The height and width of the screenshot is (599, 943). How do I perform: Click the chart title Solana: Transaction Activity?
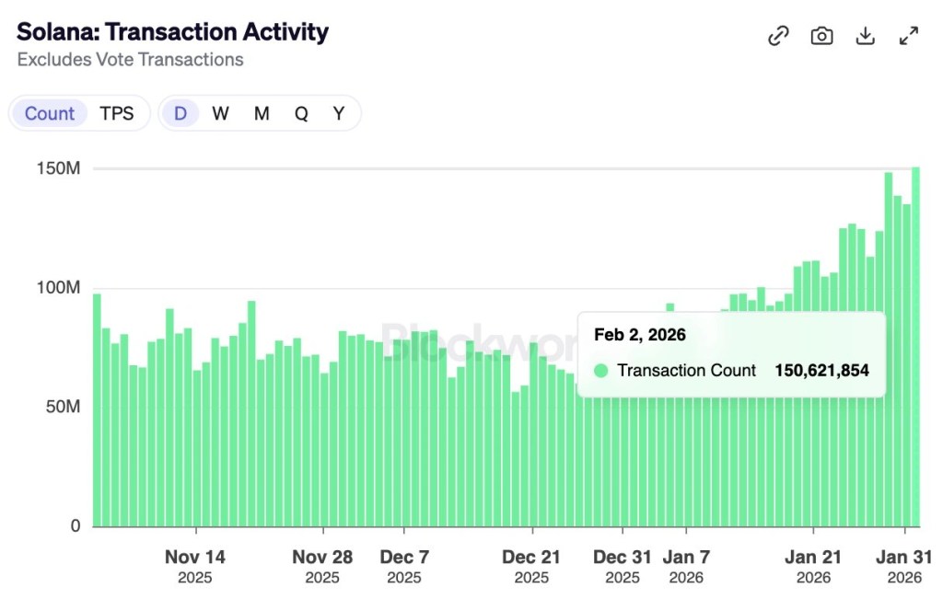click(x=172, y=31)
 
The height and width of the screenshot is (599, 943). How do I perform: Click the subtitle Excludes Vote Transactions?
click(x=130, y=60)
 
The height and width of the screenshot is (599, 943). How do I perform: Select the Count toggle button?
click(x=50, y=113)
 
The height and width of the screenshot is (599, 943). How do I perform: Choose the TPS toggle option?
click(x=117, y=113)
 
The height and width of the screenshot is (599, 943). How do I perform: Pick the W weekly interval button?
click(x=220, y=113)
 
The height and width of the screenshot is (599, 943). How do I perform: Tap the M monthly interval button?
click(x=262, y=113)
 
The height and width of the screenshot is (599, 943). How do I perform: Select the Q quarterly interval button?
click(x=301, y=113)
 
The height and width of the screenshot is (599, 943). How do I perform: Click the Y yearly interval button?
click(x=339, y=113)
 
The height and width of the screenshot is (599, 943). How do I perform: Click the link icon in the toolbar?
click(x=778, y=36)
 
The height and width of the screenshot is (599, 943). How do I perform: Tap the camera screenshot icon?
click(x=821, y=36)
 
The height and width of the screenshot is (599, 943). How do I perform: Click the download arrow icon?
click(x=865, y=36)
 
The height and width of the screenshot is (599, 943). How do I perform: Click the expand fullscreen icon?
click(x=909, y=36)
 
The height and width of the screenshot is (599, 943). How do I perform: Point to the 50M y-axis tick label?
click(x=64, y=407)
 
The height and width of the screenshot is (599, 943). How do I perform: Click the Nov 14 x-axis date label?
click(x=195, y=557)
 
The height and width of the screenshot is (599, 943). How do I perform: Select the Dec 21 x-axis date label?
click(x=531, y=557)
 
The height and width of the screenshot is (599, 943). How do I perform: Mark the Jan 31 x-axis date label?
click(x=903, y=557)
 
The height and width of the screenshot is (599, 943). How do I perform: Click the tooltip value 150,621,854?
click(x=821, y=371)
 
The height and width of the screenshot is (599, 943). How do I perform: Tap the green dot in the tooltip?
click(x=601, y=371)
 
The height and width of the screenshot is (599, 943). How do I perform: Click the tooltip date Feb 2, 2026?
click(x=640, y=335)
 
